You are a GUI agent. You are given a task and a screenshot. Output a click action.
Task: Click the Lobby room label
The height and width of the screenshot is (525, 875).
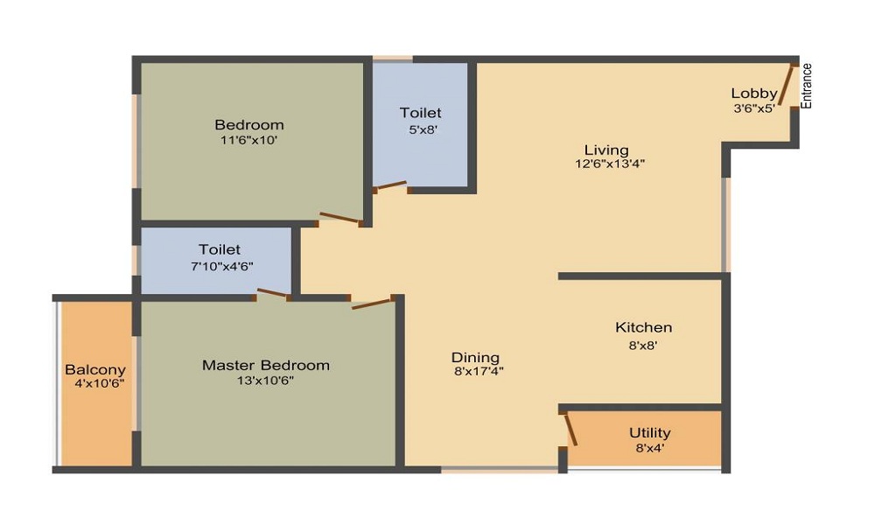pos(753,94)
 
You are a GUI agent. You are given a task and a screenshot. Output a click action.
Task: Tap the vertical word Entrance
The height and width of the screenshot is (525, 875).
pos(807,86)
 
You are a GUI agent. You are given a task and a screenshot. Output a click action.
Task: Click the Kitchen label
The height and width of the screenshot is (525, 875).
pos(643,327)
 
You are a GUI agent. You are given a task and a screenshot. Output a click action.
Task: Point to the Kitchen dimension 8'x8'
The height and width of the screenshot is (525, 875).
pos(643,345)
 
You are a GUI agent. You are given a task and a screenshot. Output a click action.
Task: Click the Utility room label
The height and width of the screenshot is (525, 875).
pos(650,433)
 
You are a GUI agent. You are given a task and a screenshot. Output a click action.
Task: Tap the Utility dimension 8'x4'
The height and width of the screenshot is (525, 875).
pos(650,448)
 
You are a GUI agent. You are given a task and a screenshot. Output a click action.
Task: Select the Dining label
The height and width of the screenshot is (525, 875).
pos(475,357)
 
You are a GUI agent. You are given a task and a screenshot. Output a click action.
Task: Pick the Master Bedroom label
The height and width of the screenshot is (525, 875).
pos(266,365)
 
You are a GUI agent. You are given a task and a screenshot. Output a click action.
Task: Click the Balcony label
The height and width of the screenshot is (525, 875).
pos(95,370)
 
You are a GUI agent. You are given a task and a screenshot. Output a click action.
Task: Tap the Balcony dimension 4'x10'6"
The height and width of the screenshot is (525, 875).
pos(95,384)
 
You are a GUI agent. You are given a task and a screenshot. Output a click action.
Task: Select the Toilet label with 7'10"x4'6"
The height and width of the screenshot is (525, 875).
pos(219,249)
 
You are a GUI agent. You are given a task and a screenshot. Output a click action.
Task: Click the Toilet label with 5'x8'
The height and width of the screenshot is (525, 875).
pos(420,113)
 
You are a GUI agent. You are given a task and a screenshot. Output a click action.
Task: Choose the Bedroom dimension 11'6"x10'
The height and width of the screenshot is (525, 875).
pos(249,139)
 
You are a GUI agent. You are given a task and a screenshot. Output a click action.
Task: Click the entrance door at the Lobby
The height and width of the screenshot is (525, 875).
pos(787,86)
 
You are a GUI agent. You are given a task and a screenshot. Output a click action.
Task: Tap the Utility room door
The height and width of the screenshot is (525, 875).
pos(570,430)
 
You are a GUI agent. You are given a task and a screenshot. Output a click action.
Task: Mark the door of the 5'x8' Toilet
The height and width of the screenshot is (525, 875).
pos(389,186)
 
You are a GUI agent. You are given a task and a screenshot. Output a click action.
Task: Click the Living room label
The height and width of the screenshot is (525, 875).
pos(606,150)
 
